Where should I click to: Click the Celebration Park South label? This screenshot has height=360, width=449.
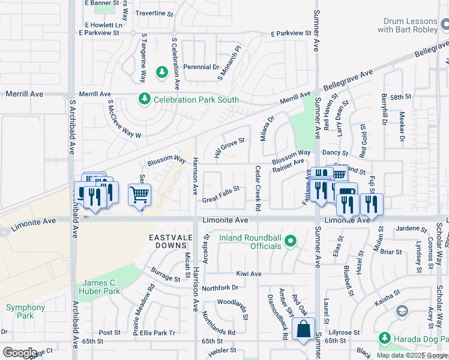(x=196, y=100)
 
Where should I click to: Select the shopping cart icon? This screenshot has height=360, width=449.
(x=139, y=194)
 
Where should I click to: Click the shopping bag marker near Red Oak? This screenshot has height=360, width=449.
(x=303, y=329)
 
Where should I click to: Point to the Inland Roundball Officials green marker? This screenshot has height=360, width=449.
(x=291, y=242)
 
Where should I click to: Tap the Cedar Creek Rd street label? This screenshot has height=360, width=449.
(x=258, y=188)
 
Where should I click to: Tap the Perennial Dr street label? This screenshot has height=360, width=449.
(x=200, y=67)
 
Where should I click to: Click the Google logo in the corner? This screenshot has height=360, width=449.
(x=20, y=353)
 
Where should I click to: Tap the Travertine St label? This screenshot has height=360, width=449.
(x=154, y=13)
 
